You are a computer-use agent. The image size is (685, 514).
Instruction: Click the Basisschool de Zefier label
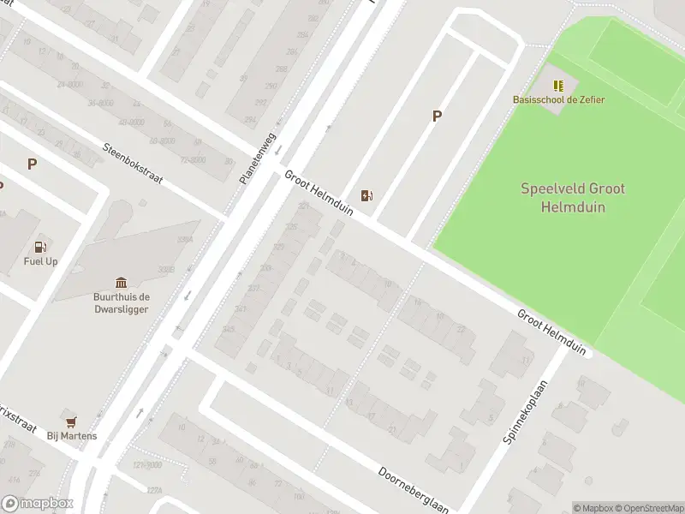558,99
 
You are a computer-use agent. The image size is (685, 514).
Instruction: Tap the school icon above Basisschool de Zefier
558,86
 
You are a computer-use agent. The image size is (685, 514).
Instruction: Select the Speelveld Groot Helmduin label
573,197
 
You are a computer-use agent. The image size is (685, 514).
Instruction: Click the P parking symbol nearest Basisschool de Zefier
437,117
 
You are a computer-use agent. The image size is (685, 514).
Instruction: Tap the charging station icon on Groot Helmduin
366,196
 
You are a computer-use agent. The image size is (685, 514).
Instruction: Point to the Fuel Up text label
40,261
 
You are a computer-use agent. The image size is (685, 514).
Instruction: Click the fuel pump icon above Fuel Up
40,247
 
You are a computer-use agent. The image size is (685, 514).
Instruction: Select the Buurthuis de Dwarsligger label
121,302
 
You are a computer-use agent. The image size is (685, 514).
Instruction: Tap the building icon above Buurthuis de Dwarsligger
121,283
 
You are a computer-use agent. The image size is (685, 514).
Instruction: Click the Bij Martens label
71,436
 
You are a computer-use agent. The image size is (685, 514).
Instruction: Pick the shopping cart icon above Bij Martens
71,421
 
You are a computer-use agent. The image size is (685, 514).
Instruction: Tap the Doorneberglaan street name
414,490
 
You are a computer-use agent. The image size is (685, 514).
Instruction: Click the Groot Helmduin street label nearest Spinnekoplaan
551,332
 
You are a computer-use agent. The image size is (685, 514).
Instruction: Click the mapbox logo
38,504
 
